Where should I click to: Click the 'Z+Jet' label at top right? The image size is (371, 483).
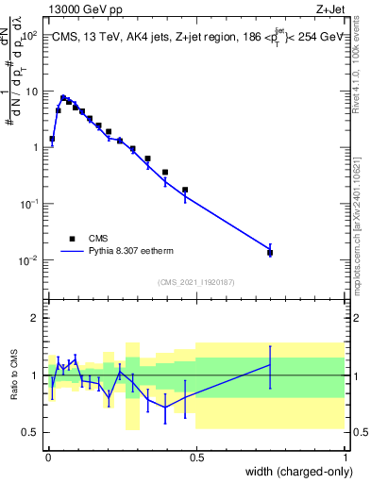coord(329,8)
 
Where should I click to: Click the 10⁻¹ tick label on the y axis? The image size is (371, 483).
coord(31,204)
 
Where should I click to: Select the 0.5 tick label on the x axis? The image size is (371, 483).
coord(196,457)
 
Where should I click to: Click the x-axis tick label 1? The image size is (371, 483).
coord(345,457)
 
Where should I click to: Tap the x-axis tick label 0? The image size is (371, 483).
coord(48,457)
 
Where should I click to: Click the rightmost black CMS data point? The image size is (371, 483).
coord(270,253)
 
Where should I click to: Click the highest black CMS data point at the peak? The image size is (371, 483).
coord(63,97)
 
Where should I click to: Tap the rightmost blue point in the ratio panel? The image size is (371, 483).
coord(270,365)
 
